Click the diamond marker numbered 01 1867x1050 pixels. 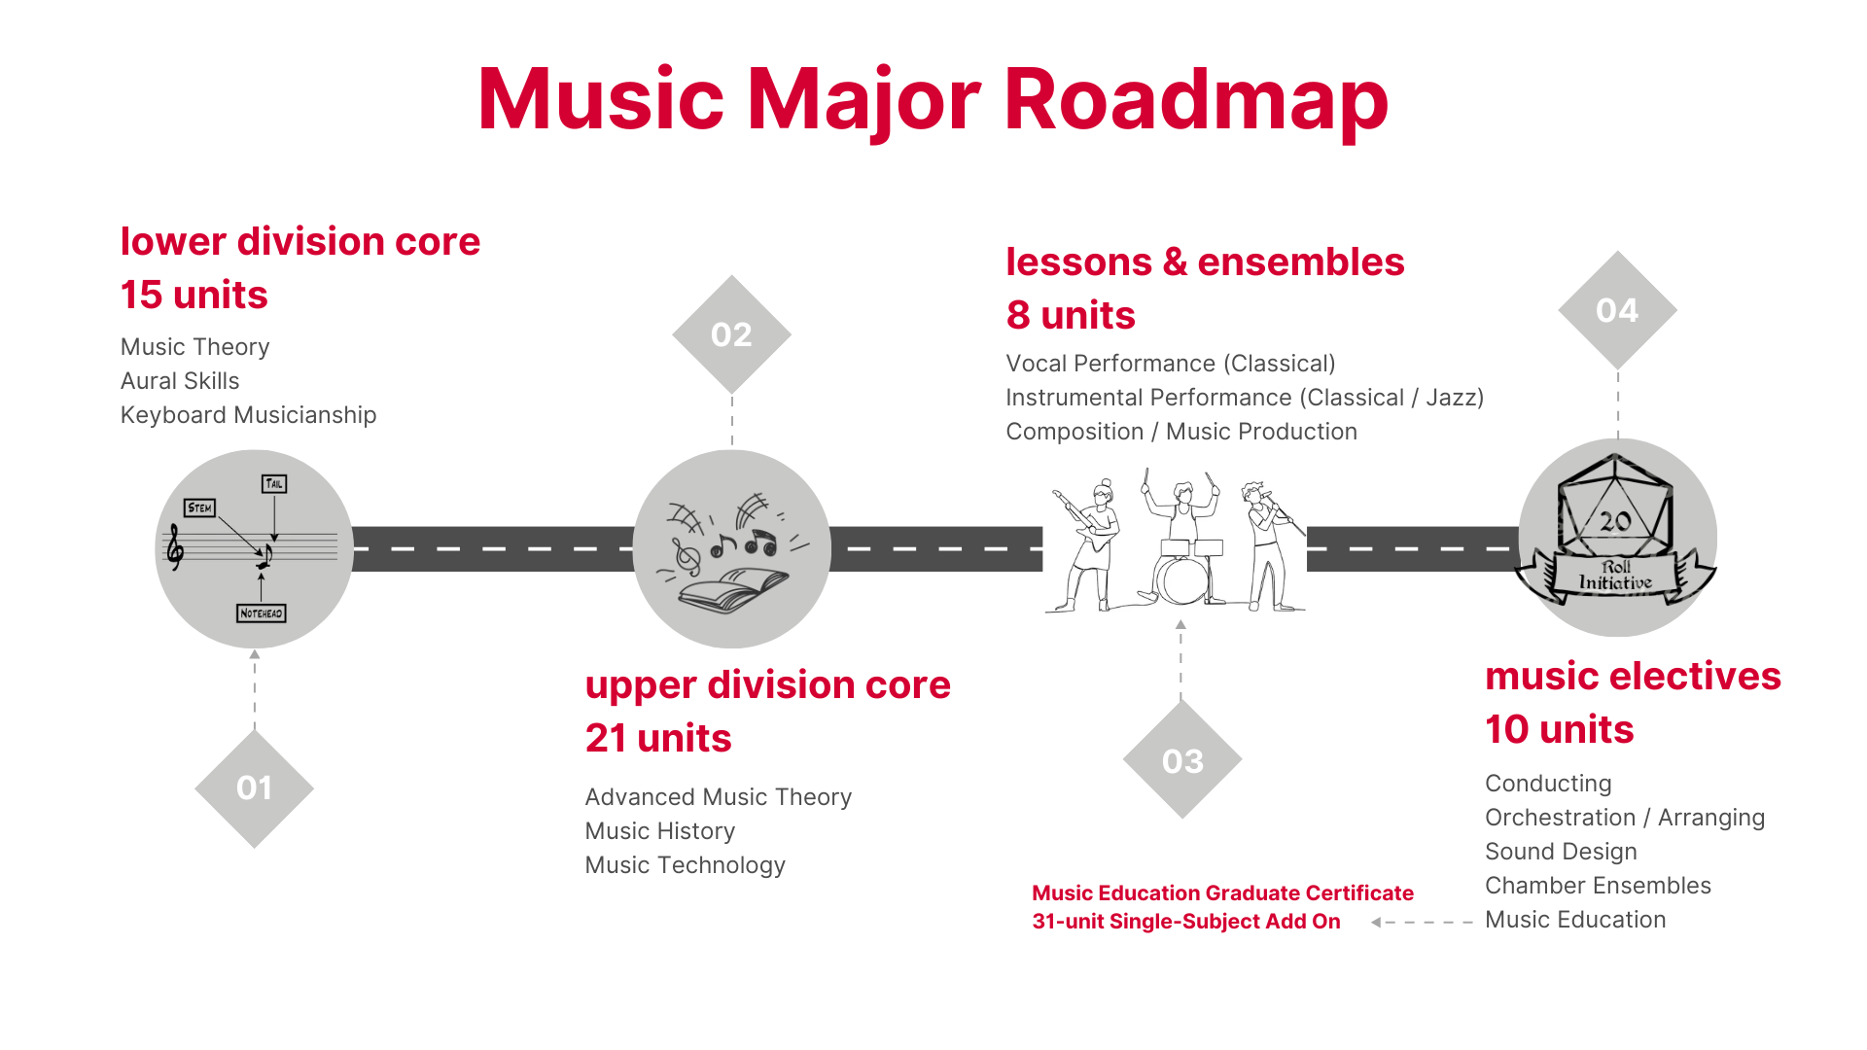[x=254, y=788]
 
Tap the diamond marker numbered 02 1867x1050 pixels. [x=731, y=334]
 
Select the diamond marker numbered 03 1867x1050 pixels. [x=1182, y=759]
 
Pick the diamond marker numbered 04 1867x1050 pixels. [x=1617, y=310]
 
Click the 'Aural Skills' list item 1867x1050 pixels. [x=180, y=381]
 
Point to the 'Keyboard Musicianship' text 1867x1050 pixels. [x=248, y=415]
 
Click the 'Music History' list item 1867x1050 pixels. [x=660, y=831]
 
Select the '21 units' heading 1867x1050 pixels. [x=658, y=738]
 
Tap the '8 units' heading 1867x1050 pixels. [x=1071, y=315]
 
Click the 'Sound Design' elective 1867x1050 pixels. [x=1561, y=852]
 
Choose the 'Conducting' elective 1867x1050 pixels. [x=1548, y=784]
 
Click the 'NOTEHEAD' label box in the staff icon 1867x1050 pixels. [x=262, y=613]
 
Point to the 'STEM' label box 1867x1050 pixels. [x=199, y=507]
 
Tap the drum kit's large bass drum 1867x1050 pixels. [x=1181, y=581]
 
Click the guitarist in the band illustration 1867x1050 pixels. [x=1087, y=544]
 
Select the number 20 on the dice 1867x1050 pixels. [x=1615, y=522]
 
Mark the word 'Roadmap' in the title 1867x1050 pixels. [x=1196, y=99]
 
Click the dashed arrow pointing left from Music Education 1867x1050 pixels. [x=1422, y=922]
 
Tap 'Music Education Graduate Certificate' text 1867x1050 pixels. [x=1222, y=893]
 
